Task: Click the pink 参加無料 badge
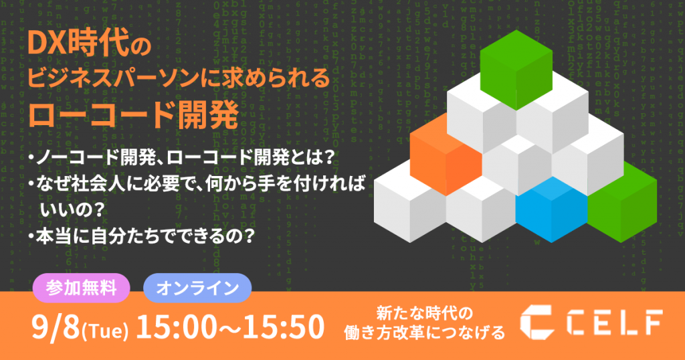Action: (x=82, y=288)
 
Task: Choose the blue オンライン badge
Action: (x=197, y=288)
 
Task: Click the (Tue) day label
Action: (x=104, y=329)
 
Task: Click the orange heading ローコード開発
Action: (x=133, y=115)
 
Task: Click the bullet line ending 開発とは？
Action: (x=181, y=157)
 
